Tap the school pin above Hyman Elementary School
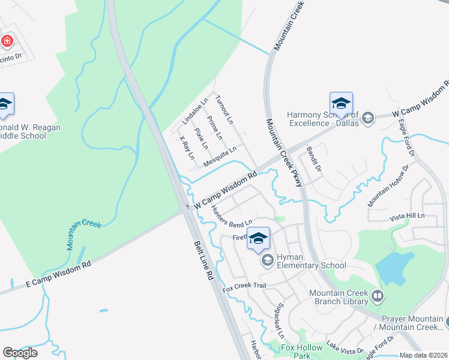coord(258,239)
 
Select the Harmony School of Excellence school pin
coord(340,104)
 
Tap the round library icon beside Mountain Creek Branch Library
coord(378,296)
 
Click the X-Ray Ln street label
coord(187,148)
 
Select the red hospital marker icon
coord(7,41)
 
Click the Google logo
coord(20,352)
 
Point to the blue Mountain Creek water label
coord(83,234)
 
